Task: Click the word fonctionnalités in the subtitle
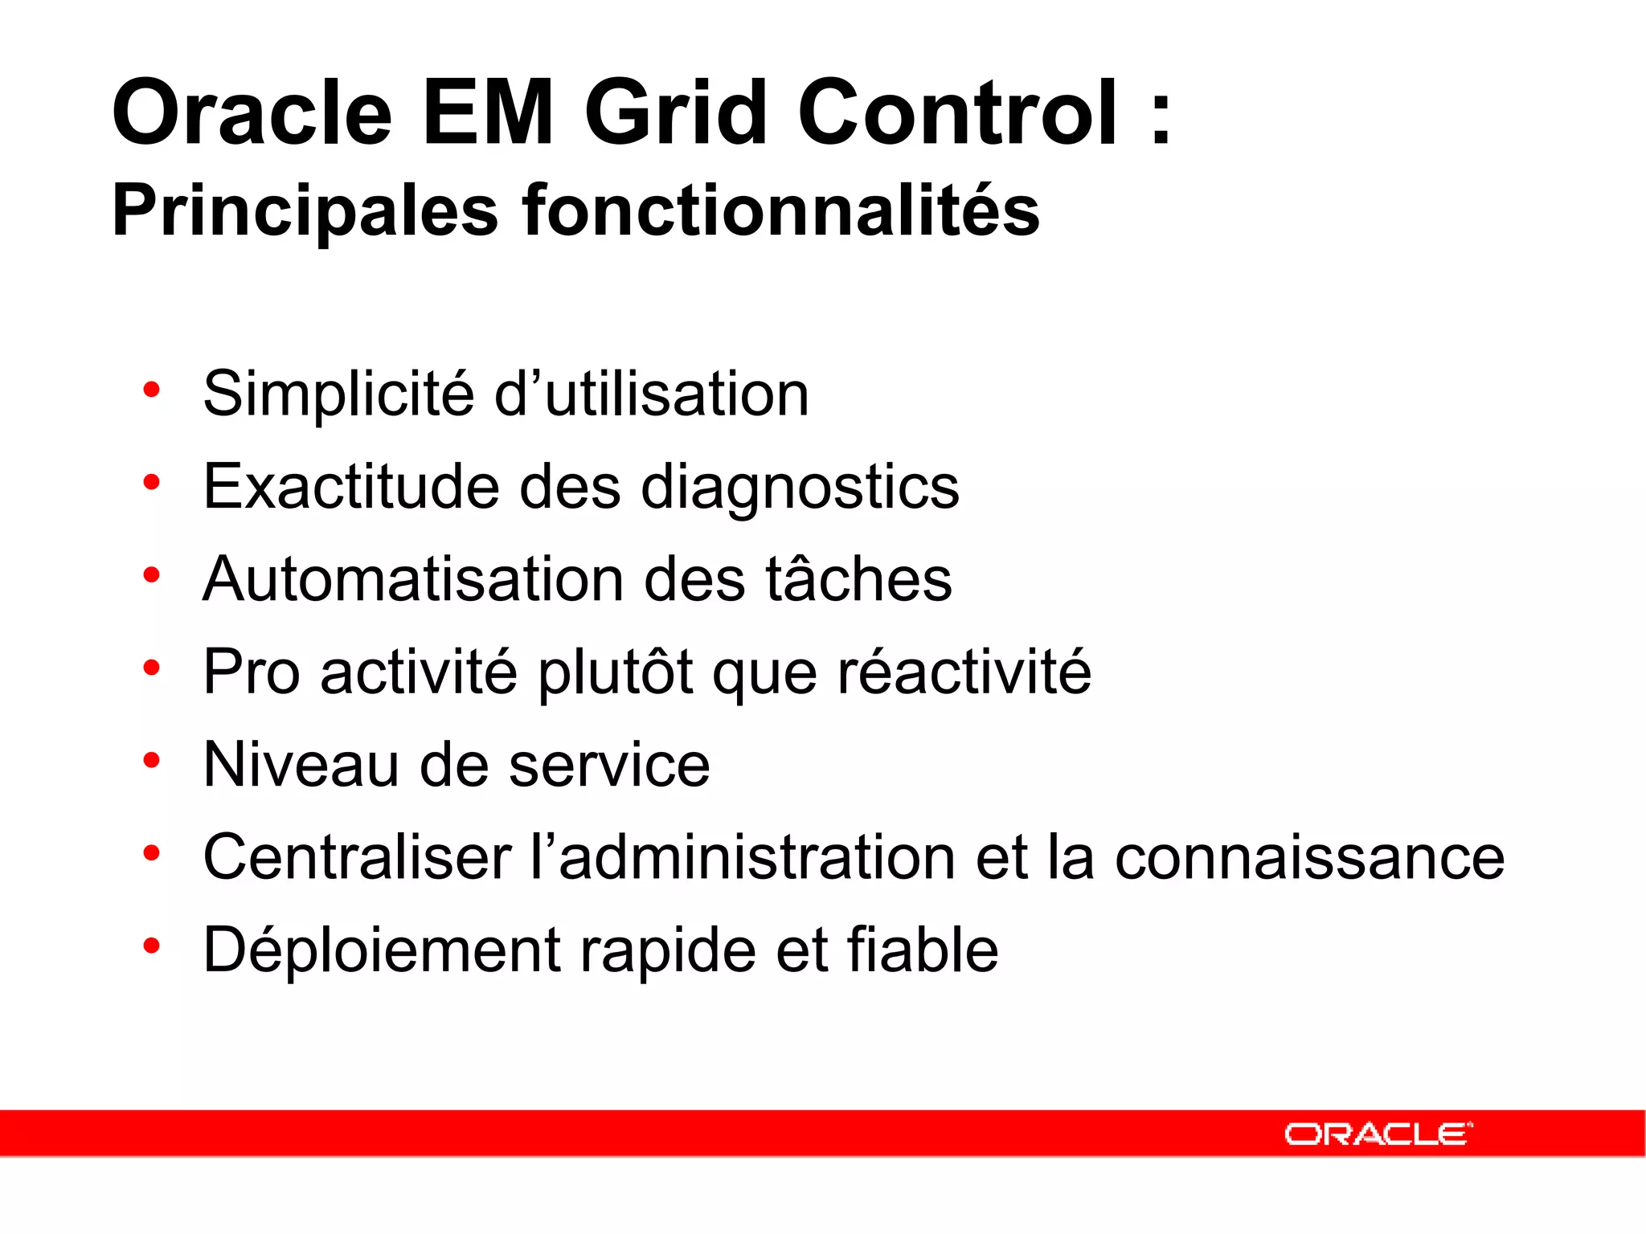(780, 210)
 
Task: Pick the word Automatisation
(413, 579)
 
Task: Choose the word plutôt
(615, 672)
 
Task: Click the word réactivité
(964, 672)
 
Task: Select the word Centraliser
(358, 857)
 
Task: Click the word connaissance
(1309, 857)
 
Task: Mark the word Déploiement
(381, 950)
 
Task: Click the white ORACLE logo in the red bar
(1378, 1134)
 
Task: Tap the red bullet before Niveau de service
(151, 759)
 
